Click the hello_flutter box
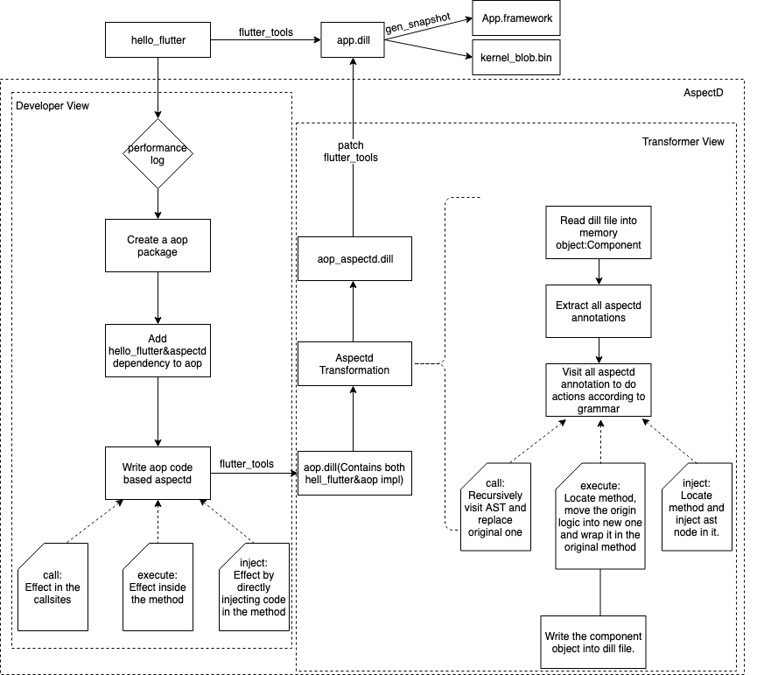pyautogui.click(x=158, y=40)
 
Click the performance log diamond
pyautogui.click(x=158, y=154)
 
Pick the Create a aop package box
pyautogui.click(x=158, y=244)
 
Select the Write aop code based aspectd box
pyautogui.click(x=158, y=474)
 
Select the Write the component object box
pyautogui.click(x=599, y=647)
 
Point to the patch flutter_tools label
pyautogui.click(x=350, y=151)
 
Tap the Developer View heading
pyautogui.click(x=53, y=106)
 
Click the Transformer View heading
pyautogui.click(x=683, y=142)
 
